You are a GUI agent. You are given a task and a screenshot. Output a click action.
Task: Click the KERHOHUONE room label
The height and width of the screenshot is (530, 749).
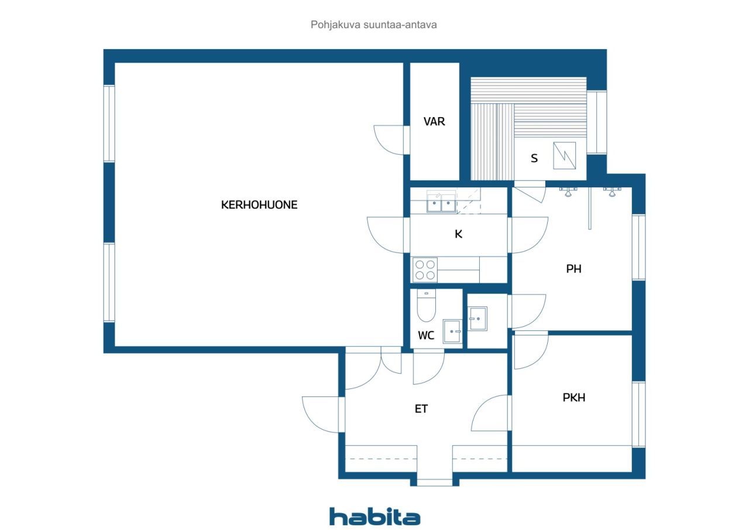coord(259,205)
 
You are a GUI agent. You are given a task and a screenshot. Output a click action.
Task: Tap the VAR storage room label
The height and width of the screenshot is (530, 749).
coord(434,121)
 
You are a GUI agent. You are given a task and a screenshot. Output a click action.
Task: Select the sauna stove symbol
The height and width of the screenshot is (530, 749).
coord(565,155)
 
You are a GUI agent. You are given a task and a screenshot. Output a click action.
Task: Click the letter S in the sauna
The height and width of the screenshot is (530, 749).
coord(534,158)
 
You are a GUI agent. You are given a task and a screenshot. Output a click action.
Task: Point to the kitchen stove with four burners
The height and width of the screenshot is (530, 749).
coord(425,269)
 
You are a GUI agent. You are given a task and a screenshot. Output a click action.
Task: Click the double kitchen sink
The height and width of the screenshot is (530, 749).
coord(441,202)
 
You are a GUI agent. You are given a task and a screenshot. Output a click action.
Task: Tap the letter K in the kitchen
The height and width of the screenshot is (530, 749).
coord(458,234)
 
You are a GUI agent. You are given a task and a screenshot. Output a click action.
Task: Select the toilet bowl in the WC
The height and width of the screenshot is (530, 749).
coord(427,305)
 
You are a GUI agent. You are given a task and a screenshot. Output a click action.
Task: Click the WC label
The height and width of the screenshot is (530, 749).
coord(426,335)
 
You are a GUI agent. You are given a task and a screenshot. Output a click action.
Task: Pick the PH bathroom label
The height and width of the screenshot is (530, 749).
coord(573,269)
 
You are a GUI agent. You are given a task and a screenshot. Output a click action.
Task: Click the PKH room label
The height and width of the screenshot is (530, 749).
coord(574,398)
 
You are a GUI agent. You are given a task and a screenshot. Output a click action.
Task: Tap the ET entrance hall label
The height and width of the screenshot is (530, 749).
coord(421,409)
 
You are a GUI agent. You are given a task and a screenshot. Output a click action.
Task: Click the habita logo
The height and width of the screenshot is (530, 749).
coord(375,517)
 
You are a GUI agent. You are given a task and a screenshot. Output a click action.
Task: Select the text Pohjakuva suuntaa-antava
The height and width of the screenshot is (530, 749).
coord(373,25)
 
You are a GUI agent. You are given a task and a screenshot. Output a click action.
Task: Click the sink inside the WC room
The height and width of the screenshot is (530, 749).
coord(452,331)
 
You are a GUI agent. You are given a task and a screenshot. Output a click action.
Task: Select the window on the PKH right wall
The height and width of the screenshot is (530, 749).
coord(638,414)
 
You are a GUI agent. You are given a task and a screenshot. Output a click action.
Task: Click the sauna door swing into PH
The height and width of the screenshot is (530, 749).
coord(530,192)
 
